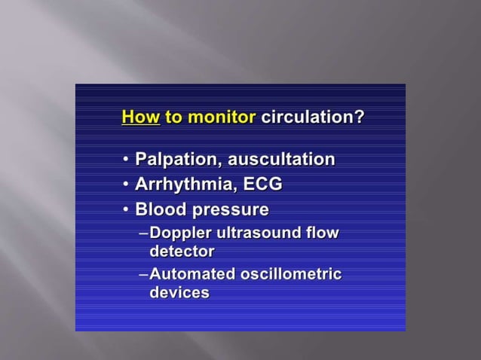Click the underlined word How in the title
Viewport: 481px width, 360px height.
[140, 117]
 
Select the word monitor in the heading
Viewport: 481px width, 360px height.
[222, 117]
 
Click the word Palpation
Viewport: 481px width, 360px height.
[173, 160]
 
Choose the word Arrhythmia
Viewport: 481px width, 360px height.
[181, 184]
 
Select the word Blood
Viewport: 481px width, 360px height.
[160, 209]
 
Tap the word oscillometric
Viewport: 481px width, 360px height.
[291, 274]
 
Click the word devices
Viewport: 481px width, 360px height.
[179, 292]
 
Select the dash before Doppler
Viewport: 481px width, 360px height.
[144, 233]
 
